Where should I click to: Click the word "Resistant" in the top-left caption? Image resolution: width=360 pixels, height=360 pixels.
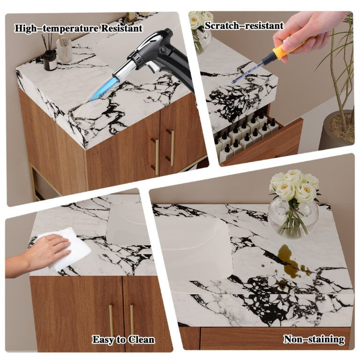(122, 29)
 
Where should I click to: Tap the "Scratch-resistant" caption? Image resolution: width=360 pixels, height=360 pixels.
(244, 26)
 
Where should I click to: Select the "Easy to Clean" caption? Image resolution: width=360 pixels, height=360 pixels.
(123, 340)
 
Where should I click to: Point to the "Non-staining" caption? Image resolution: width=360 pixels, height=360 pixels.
(314, 339)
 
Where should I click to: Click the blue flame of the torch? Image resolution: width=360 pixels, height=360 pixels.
(99, 89)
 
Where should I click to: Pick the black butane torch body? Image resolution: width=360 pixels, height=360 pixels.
(165, 57)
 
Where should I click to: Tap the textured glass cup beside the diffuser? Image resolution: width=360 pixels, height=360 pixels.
(64, 50)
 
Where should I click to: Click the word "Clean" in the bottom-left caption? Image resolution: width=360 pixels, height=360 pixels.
(141, 340)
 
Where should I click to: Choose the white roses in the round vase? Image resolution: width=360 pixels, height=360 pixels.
(294, 185)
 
